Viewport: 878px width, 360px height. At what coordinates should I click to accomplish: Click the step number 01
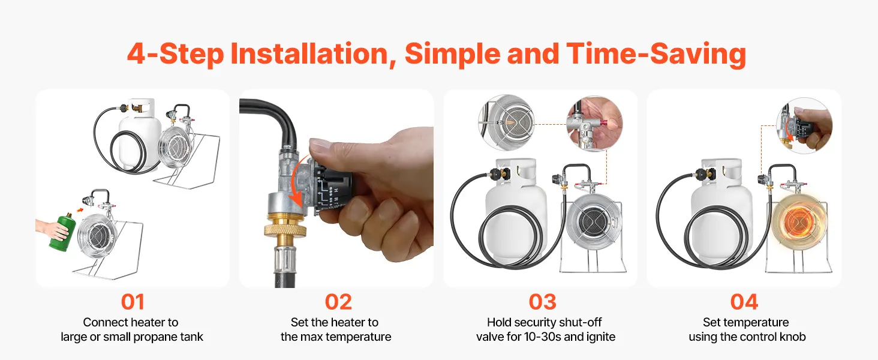point(133,302)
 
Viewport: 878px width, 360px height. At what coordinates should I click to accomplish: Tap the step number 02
point(338,302)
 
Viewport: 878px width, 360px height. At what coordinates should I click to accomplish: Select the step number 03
point(543,302)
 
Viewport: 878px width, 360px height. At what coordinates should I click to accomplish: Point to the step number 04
point(744,302)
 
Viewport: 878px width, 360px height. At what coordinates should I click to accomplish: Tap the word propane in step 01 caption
point(148,337)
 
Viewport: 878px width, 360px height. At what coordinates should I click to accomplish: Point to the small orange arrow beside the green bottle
point(80,210)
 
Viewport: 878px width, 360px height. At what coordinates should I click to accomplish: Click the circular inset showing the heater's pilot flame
point(506,122)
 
